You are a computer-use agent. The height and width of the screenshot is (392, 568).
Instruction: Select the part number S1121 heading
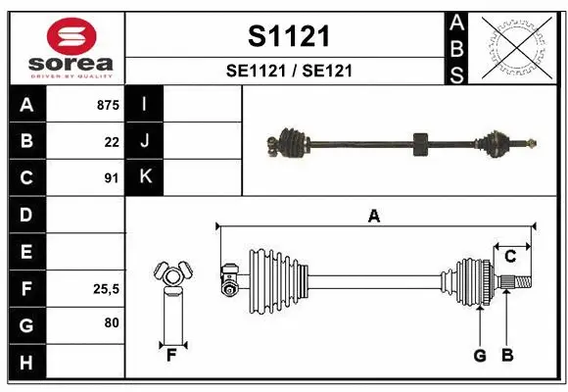[x=288, y=36]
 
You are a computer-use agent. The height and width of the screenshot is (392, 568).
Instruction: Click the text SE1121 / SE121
[x=288, y=71]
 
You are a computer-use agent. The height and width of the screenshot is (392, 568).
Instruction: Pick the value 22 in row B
[x=112, y=141]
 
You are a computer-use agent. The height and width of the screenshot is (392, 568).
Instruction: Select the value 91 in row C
[x=112, y=177]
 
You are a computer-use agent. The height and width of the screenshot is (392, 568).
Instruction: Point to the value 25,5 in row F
[x=106, y=289]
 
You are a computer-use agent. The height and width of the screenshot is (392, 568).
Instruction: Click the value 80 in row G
[x=111, y=322]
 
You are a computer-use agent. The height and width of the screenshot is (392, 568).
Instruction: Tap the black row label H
[x=26, y=364]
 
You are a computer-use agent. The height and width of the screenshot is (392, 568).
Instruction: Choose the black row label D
[x=26, y=215]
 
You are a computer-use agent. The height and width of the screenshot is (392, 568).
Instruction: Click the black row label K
[x=145, y=177]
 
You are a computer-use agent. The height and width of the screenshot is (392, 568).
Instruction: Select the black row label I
[x=145, y=105]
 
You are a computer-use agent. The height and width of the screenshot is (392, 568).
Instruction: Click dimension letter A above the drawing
[x=373, y=217]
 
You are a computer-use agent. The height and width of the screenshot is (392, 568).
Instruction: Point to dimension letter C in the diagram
[x=510, y=257]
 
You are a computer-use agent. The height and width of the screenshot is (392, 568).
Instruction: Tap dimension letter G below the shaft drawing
[x=480, y=355]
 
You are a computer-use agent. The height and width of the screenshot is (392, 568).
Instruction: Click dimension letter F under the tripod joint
[x=170, y=355]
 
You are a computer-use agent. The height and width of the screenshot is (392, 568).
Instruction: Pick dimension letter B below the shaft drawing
[x=506, y=355]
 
